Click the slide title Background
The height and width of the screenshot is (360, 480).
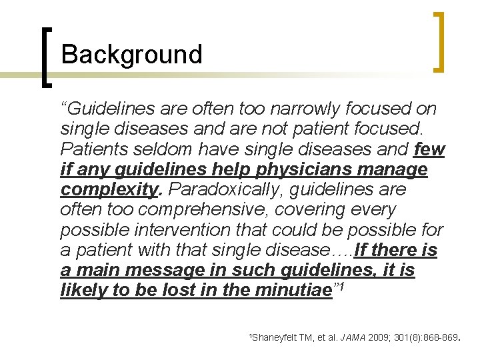pos(131,55)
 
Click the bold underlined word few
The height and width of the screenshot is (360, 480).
pos(429,149)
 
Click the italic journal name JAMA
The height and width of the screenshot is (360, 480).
pos(353,338)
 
